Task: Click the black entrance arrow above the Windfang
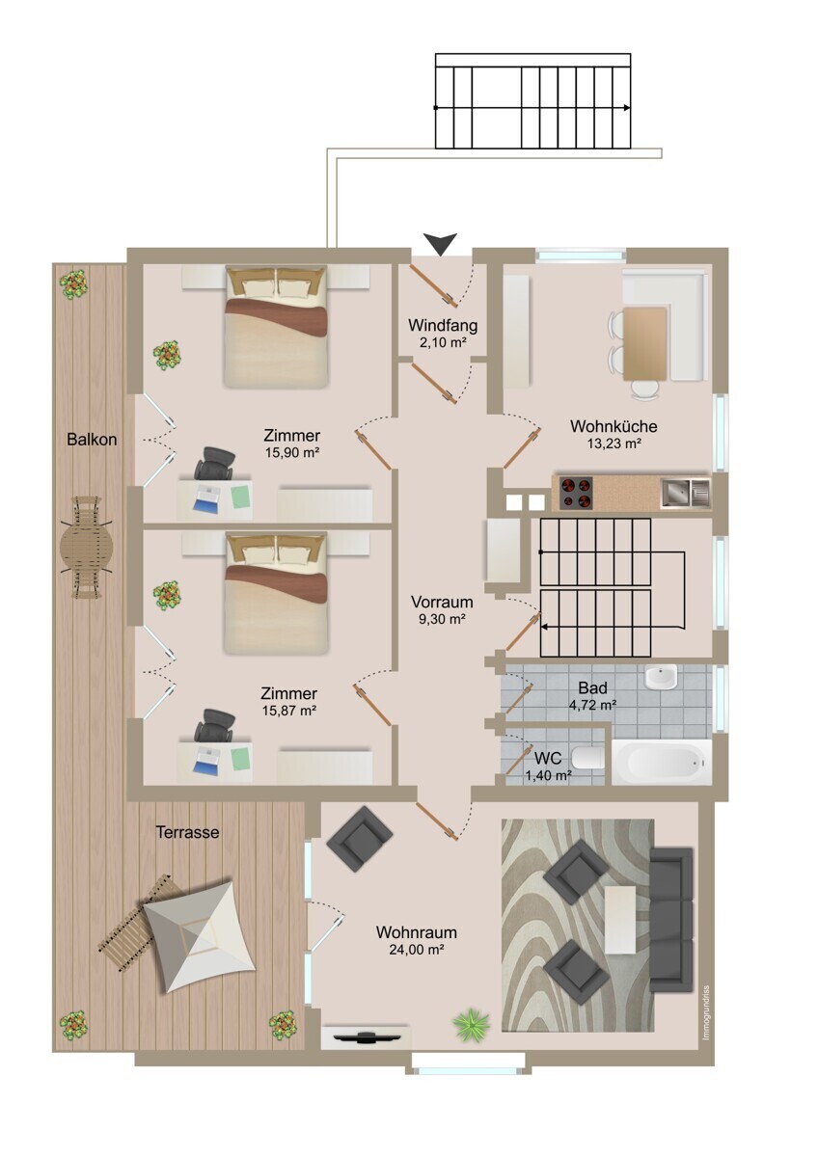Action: [x=440, y=243]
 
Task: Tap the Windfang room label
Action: [x=443, y=326]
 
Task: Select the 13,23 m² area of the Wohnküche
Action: [x=613, y=443]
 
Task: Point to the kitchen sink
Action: [x=685, y=493]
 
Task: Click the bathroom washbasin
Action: [x=661, y=676]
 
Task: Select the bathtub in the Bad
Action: [x=662, y=763]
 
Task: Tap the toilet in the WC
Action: [x=588, y=758]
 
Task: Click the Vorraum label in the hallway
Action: [x=442, y=602]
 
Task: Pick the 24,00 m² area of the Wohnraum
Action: [x=417, y=949]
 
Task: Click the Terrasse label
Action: [x=187, y=832]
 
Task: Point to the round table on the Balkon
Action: [x=86, y=547]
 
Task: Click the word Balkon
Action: [x=92, y=440]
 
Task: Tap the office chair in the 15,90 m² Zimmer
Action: [x=214, y=463]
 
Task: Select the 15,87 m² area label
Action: [x=289, y=711]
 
